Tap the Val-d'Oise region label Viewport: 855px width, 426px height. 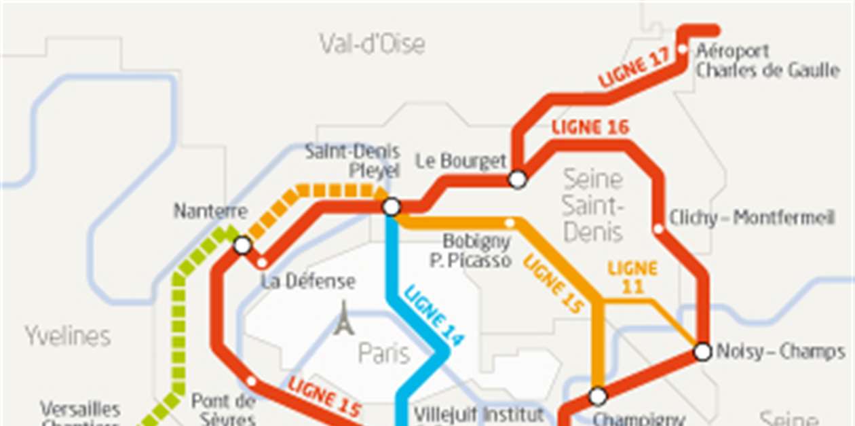[x=373, y=44]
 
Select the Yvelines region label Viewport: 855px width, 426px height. [x=68, y=336]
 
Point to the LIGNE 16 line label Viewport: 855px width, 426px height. [x=590, y=127]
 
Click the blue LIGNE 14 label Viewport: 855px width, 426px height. [x=434, y=316]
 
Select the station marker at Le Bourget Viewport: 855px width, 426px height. [x=518, y=179]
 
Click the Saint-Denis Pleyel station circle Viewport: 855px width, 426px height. [x=392, y=207]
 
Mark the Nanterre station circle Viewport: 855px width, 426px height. [x=242, y=246]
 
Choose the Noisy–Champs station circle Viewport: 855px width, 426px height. [x=703, y=352]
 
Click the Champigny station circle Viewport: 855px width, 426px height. [x=598, y=395]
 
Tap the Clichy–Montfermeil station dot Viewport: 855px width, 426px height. [x=658, y=229]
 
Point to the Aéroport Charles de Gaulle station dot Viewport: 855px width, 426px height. [x=683, y=50]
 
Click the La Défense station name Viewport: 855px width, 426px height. [x=308, y=281]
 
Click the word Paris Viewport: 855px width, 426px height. [x=384, y=353]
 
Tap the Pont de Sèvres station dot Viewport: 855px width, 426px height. [x=251, y=381]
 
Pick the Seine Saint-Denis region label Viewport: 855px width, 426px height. [x=593, y=206]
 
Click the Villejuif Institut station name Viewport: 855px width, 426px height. [x=478, y=414]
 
